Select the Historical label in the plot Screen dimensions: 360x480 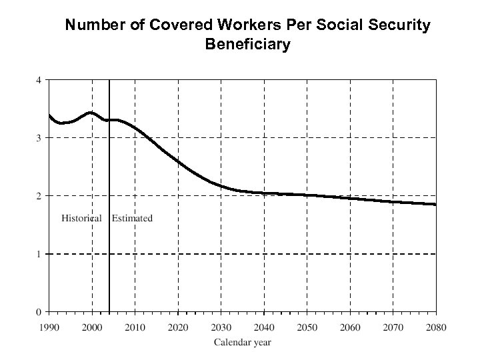tap(81, 218)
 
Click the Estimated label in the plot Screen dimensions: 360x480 tap(132, 218)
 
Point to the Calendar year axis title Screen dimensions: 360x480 tap(243, 343)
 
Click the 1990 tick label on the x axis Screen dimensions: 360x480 tap(49, 327)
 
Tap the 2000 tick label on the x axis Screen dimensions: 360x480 tap(92, 327)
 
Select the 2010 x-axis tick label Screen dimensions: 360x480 tap(135, 327)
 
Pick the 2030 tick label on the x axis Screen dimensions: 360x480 tap(221, 327)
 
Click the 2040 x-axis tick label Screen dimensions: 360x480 tap(264, 327)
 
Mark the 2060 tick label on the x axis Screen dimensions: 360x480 tap(350, 327)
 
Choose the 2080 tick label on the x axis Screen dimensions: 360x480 tap(436, 327)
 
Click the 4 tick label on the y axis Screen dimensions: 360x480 tap(39, 80)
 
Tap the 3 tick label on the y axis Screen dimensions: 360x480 tap(39, 138)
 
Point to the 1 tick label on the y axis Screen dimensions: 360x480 tap(39, 254)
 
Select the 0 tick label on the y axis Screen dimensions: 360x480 tap(39, 312)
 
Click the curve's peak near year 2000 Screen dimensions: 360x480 tap(91, 113)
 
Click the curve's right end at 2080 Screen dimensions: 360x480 tap(435, 205)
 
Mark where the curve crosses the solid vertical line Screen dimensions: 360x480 tap(109, 120)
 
